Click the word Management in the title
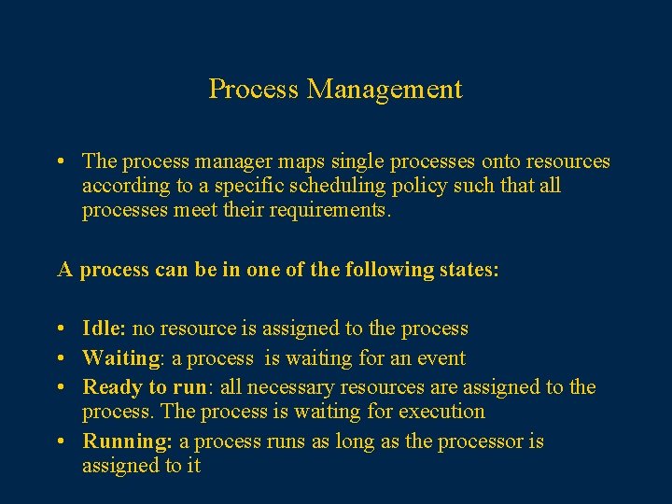click(x=385, y=90)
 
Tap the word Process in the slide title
click(x=254, y=90)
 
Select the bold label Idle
click(x=103, y=329)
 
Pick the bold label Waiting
click(x=120, y=358)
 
